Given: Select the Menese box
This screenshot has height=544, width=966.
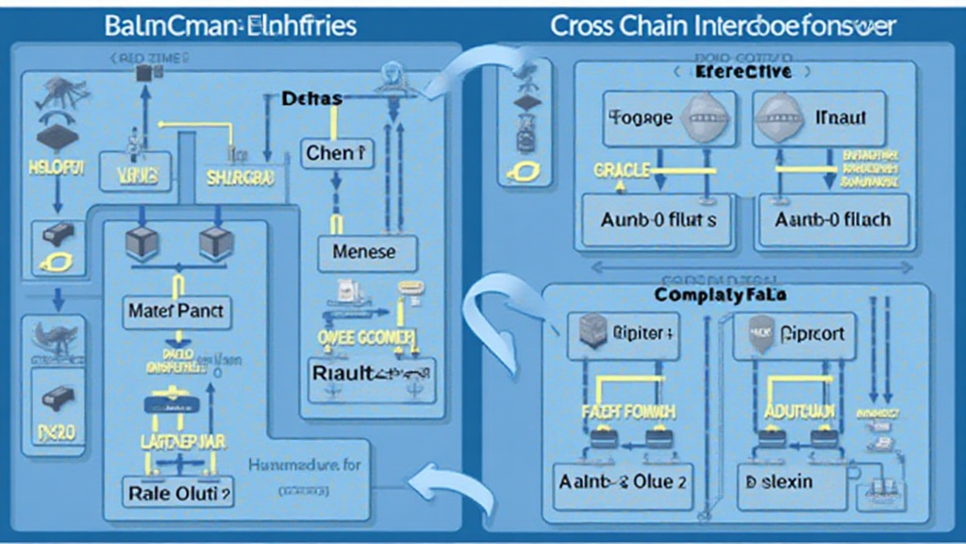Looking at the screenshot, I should tap(363, 252).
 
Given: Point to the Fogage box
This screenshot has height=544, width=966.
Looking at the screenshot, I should tap(641, 118).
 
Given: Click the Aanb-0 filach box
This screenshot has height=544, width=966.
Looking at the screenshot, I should tap(831, 220).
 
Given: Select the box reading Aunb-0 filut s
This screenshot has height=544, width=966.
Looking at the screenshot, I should tap(658, 220).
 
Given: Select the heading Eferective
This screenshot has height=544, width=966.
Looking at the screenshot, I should tap(742, 72).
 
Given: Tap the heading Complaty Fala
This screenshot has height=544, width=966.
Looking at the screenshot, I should tap(721, 296).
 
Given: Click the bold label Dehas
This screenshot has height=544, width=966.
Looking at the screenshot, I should tap(311, 98).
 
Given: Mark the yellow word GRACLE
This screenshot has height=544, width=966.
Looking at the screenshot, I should tap(621, 170).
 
